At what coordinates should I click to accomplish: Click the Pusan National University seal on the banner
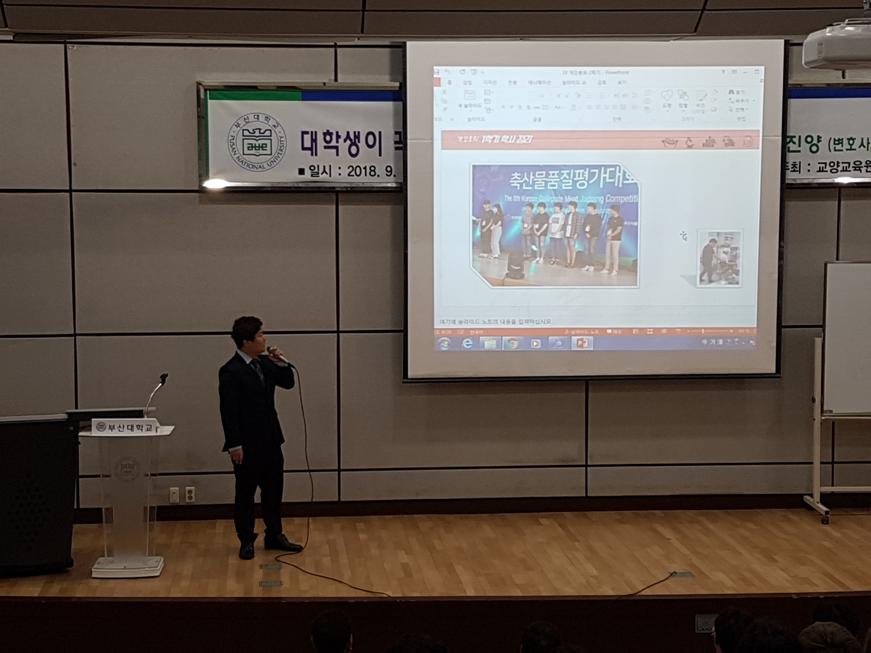pos(257,142)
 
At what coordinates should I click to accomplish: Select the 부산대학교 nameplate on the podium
pos(125,427)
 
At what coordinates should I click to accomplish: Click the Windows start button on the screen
pos(445,344)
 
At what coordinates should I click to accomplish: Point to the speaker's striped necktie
pos(258,370)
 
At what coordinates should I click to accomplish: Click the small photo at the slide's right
pos(719,258)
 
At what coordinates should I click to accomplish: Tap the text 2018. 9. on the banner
pos(371,171)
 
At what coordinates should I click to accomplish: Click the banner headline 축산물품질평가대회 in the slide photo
pos(573,180)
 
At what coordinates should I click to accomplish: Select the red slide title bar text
pos(507,139)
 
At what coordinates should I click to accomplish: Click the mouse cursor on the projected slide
pos(683,236)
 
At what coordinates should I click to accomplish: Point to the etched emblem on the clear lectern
pos(127,469)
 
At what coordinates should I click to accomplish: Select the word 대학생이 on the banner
pos(341,143)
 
